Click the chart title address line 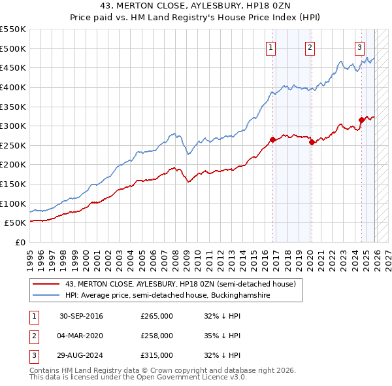click(195, 6)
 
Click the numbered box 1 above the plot click(270, 46)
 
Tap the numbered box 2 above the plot click(309, 46)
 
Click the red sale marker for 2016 click(272, 139)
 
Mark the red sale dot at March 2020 click(312, 142)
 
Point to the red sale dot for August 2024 click(361, 120)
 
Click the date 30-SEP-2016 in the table click(81, 316)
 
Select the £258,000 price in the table click(157, 336)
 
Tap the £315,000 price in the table click(157, 355)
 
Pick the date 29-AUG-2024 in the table click(81, 355)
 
